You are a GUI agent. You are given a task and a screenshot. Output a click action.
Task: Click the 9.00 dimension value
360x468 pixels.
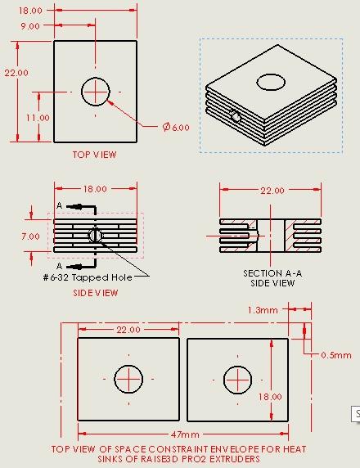[30, 26]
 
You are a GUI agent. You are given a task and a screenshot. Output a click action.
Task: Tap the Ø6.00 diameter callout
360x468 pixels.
[176, 127]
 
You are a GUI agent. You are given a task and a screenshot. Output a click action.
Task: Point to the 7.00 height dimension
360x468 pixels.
[30, 236]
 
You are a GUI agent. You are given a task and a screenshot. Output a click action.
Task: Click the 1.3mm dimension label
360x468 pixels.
[263, 310]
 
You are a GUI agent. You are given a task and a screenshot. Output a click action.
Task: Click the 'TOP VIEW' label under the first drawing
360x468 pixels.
[94, 155]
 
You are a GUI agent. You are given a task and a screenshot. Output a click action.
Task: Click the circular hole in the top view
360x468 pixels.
[96, 90]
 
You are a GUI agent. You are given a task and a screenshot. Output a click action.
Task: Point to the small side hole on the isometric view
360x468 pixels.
[236, 117]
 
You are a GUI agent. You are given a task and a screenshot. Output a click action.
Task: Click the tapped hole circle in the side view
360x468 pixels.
[96, 236]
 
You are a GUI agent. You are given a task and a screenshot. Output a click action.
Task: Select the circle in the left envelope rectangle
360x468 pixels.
[128, 379]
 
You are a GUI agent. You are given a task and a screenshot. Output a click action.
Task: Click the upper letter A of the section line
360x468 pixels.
[60, 205]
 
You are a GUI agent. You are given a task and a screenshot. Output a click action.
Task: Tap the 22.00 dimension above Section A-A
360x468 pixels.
[272, 191]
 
